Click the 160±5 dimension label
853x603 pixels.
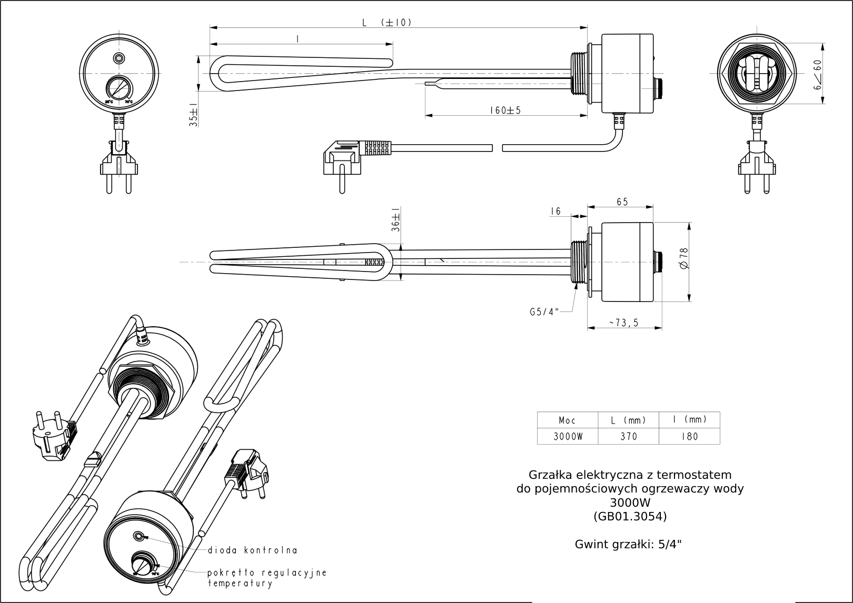tap(504, 110)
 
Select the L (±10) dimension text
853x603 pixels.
tap(386, 23)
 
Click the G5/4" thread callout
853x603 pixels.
tap(544, 311)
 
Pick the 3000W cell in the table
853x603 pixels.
tap(568, 436)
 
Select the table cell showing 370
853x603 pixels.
tap(629, 436)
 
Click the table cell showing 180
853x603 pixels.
tap(689, 436)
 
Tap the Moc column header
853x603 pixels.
tap(568, 420)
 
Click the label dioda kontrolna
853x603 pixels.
tap(253, 550)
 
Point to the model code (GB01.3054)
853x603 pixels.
tap(630, 516)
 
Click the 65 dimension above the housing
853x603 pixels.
tap(622, 202)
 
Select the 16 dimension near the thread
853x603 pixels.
tap(556, 211)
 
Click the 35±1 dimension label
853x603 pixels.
tap(194, 115)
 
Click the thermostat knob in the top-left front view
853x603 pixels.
tap(120, 87)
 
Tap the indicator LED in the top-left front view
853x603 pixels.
tap(120, 58)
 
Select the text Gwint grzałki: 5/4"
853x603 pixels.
tap(628, 545)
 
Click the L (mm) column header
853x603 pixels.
tap(629, 420)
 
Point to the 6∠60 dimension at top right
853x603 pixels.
tap(817, 74)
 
